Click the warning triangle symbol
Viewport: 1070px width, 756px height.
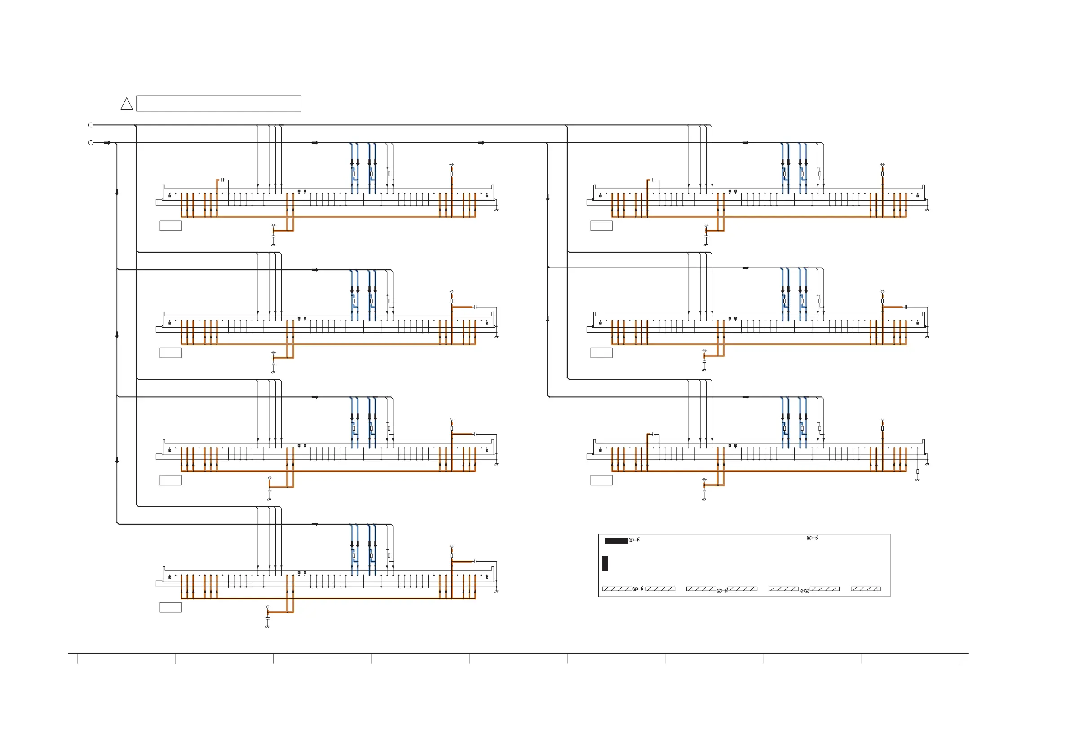point(126,104)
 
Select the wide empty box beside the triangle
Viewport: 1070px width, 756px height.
point(218,103)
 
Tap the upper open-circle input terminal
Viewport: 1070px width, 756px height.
point(91,125)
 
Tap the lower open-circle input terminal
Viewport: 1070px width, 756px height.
point(91,143)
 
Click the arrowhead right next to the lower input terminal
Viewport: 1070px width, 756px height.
point(108,143)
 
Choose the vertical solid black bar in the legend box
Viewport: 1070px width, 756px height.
point(605,563)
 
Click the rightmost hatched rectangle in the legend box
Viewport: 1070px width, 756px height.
point(866,589)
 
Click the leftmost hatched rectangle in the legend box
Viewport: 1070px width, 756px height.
point(617,589)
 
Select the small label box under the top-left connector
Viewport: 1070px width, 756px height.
point(171,226)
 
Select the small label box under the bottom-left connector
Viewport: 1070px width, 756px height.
point(171,607)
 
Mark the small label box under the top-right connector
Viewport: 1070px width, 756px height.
point(601,226)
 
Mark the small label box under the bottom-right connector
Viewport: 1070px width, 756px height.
point(601,480)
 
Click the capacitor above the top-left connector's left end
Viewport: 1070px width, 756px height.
point(223,180)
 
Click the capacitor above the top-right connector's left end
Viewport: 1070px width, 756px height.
point(654,180)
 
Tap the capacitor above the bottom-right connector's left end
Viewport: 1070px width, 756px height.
point(654,434)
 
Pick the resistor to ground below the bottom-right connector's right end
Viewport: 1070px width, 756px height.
point(917,471)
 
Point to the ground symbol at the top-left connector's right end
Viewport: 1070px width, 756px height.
point(496,209)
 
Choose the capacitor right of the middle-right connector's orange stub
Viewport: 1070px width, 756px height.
point(906,307)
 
